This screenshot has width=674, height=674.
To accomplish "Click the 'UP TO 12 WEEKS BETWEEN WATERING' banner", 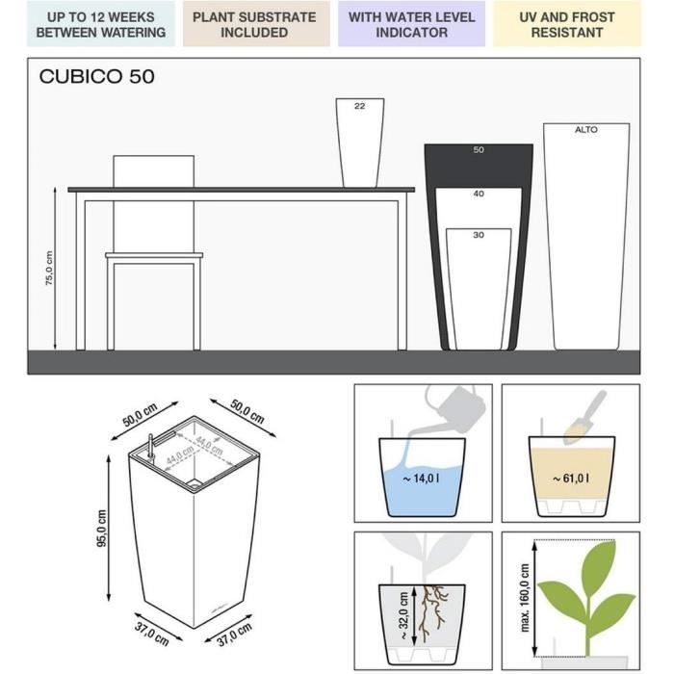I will point(101,24).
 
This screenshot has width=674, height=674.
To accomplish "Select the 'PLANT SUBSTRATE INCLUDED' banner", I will point(254,24).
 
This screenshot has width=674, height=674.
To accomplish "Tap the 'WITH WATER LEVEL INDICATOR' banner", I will point(411,24).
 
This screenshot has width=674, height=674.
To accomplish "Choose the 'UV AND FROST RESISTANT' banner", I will point(566,24).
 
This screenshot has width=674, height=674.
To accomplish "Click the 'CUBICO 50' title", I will point(96,77).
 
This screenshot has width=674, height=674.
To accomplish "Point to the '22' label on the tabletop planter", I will point(359,107).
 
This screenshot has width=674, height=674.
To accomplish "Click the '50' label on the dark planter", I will point(479,150).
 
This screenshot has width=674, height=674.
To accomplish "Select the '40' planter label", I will point(479,194).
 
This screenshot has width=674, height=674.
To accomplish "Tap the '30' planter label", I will point(479,235).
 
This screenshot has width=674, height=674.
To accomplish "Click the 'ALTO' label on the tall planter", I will point(585,129).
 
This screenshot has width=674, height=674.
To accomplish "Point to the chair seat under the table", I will point(154,256).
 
